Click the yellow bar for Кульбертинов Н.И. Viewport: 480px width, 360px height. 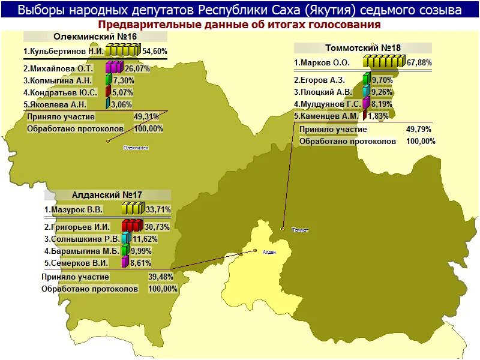(123, 50)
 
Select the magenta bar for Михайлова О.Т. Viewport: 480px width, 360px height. (114, 67)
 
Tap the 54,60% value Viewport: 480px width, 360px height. (154, 52)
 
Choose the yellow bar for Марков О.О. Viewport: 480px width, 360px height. (383, 61)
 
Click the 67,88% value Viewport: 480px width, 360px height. (419, 62)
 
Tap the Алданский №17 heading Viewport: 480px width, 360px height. (107, 195)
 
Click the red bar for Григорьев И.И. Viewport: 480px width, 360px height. (132, 226)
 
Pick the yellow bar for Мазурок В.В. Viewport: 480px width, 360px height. (133, 209)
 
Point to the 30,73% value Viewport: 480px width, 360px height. (158, 227)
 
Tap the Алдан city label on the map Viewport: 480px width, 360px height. (269, 252)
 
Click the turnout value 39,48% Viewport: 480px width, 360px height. (161, 277)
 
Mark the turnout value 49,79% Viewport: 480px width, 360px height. (418, 129)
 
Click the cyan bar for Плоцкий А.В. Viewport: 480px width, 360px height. (366, 91)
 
